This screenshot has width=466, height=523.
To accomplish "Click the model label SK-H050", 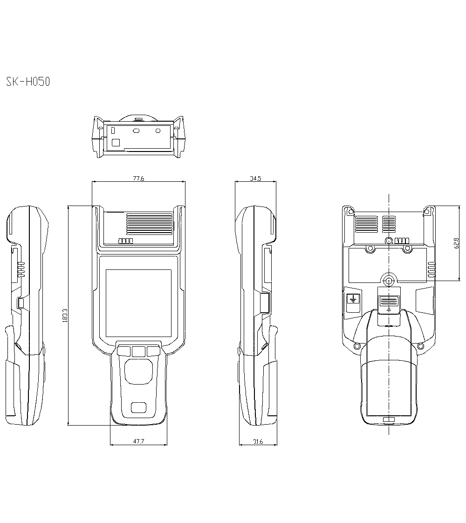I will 28,82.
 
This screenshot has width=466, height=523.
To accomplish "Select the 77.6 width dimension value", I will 138,178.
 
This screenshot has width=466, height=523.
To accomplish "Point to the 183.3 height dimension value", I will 64,316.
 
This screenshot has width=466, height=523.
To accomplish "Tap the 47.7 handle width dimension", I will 138,441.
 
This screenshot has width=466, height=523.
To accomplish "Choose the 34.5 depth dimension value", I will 255,178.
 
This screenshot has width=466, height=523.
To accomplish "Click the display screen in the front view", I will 138,304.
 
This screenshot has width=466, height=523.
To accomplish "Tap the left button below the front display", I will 124,351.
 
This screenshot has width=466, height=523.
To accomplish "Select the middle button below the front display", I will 138,351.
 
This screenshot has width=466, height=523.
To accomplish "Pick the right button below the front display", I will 153,351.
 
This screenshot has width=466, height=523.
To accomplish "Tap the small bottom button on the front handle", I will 138,408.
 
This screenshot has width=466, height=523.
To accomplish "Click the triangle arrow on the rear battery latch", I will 389,309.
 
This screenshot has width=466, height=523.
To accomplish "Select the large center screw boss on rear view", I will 389,281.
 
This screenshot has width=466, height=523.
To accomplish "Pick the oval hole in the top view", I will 137,131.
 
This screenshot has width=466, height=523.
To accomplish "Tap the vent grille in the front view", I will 149,225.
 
